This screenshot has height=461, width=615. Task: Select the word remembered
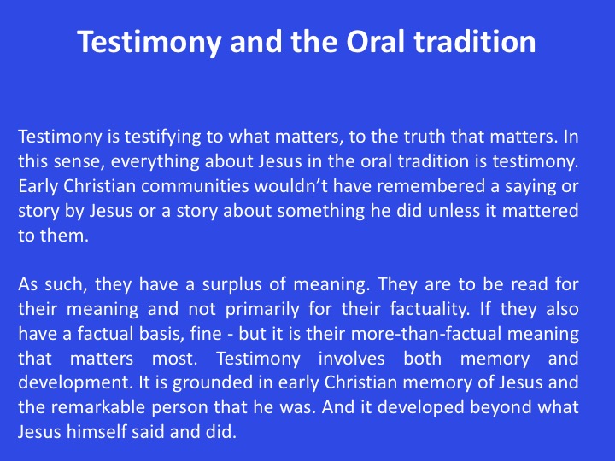click(x=431, y=186)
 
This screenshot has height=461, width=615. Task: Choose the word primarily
click(x=262, y=310)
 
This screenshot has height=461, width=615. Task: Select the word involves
click(x=351, y=359)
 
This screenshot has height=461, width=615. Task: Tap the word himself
click(x=96, y=432)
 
